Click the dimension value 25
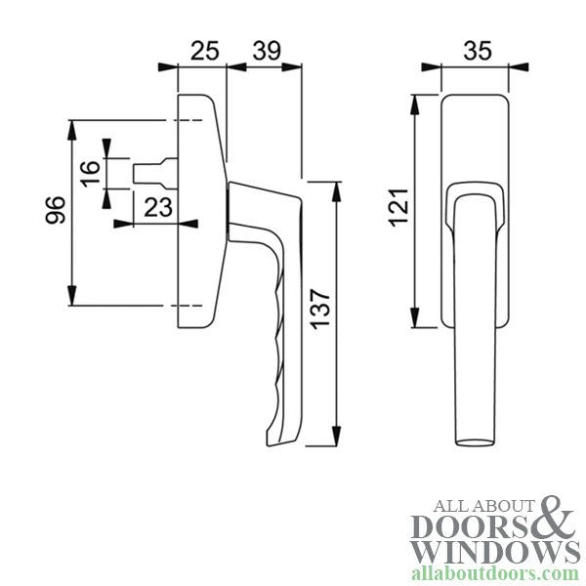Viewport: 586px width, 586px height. coord(203,50)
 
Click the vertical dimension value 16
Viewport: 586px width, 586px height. coord(89,176)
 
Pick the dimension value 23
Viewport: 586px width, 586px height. coord(158,206)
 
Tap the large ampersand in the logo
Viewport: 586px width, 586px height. coord(558,517)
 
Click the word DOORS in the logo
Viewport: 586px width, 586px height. coord(471,527)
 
